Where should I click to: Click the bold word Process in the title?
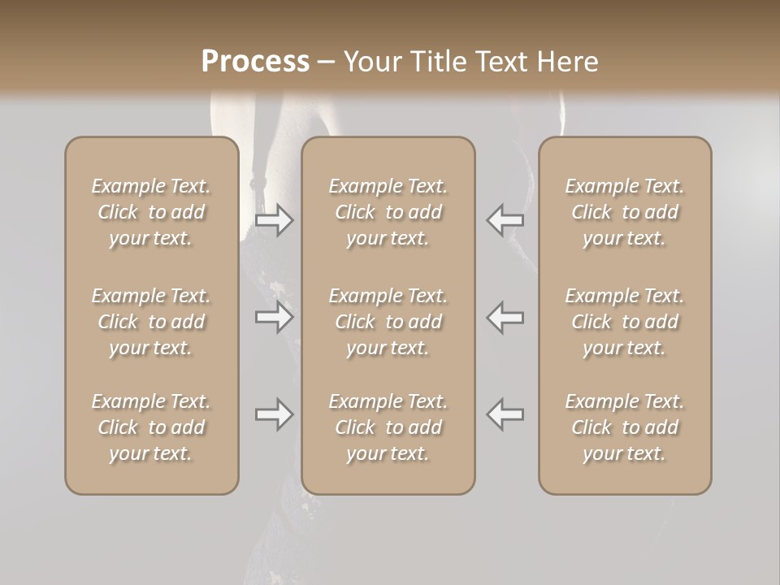pos(255,62)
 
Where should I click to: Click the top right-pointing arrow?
pos(274,220)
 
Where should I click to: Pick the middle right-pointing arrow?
pos(274,317)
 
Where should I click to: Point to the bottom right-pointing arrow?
pos(274,414)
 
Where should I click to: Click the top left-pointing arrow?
pos(505,220)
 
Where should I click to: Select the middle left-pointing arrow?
pos(505,317)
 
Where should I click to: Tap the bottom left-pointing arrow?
pos(505,414)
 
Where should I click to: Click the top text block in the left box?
pos(151,212)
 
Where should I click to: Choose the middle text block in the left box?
pos(151,322)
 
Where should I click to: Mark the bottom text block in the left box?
pos(151,427)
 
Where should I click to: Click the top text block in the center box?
pos(388,212)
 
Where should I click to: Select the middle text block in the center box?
pos(388,322)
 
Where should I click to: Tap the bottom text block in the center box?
pos(388,427)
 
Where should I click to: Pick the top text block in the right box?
pos(625,212)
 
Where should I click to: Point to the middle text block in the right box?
pos(625,322)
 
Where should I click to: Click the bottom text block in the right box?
pos(625,427)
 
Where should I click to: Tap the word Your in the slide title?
pos(370,62)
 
